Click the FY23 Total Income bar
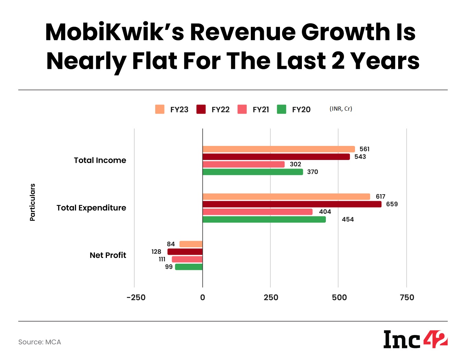(x=279, y=149)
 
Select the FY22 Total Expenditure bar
(x=292, y=204)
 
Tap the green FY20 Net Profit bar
(x=189, y=267)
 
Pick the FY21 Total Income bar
(x=244, y=164)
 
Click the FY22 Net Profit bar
(x=185, y=252)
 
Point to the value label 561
(x=364, y=149)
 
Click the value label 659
(x=392, y=204)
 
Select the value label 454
(x=347, y=219)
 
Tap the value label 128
(x=156, y=252)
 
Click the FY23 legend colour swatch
(x=160, y=109)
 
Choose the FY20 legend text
(x=301, y=110)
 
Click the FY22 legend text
(x=220, y=110)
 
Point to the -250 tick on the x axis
(x=136, y=297)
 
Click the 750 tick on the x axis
(x=407, y=297)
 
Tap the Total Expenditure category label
(x=91, y=208)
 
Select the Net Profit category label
(x=108, y=255)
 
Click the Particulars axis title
(x=33, y=202)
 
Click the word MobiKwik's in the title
(x=115, y=32)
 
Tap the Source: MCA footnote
(x=39, y=342)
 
